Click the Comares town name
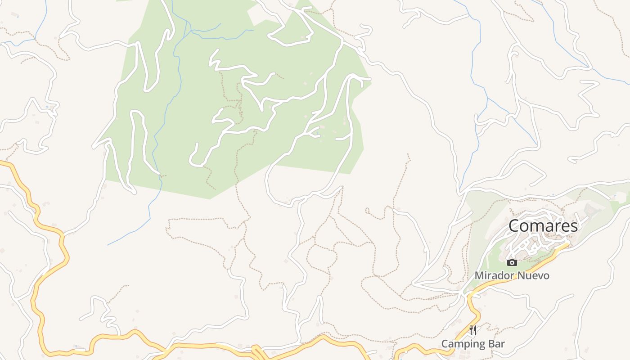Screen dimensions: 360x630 [543, 226]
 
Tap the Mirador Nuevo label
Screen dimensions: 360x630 [512, 275]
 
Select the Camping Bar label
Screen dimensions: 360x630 [473, 344]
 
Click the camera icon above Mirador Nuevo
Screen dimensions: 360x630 [512, 262]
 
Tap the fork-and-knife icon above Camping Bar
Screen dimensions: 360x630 [473, 331]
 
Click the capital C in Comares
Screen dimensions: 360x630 [514, 226]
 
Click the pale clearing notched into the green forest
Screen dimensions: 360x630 [258, 16]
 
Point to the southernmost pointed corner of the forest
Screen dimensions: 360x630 [210, 198]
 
